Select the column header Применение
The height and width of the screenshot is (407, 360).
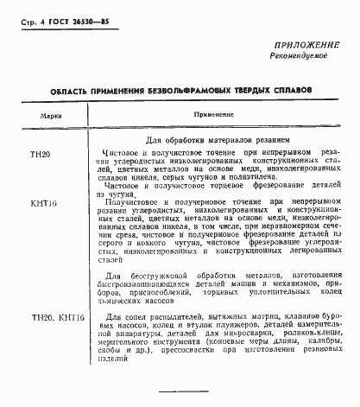pos(212,114)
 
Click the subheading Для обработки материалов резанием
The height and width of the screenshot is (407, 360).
pos(217,139)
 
